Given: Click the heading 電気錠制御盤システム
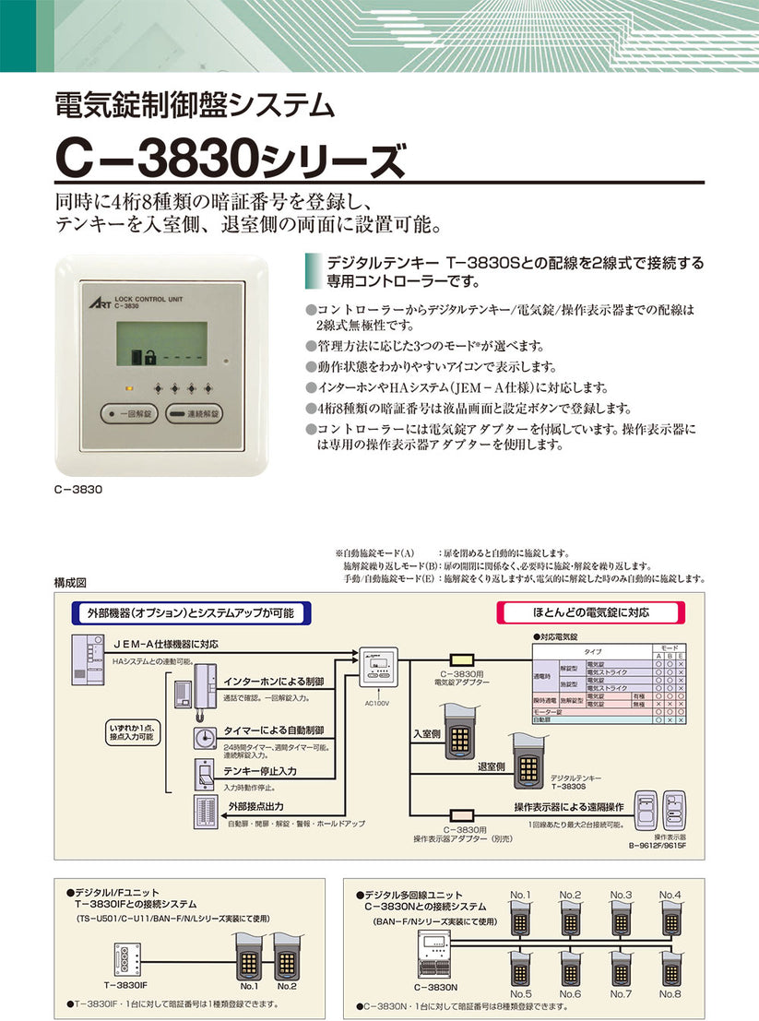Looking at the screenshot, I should point(195,104).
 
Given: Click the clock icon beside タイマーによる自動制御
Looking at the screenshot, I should point(205,738).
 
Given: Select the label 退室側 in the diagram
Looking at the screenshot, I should point(491,766).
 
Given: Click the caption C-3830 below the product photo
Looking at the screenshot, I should point(77,491).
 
